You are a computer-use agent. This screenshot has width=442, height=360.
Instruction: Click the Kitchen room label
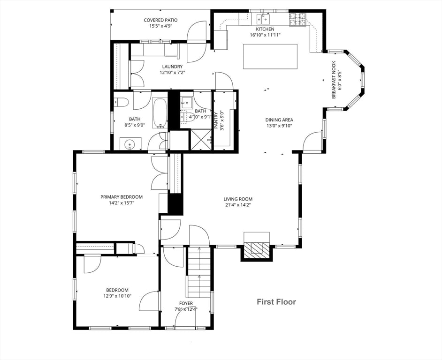265,29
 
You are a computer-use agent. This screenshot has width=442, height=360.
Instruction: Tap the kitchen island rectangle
270,56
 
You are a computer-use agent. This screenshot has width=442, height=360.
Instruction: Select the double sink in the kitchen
263,19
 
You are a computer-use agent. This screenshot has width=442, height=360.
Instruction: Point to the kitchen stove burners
297,20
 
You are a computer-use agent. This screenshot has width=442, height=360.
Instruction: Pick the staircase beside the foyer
199,272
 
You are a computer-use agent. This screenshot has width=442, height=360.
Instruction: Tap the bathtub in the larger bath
160,113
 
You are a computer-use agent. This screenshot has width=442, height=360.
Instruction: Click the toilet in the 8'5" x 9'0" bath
121,102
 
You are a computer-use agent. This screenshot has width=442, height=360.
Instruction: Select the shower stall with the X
201,139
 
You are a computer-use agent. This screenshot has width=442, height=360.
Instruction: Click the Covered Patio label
160,20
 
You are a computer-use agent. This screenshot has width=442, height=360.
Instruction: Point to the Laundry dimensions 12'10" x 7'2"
172,72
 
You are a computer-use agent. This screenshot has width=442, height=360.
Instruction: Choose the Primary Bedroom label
122,197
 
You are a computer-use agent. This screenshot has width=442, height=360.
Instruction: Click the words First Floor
276,302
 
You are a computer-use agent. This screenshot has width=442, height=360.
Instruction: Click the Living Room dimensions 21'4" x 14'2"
238,205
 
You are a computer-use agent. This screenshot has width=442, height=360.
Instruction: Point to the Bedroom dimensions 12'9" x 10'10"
117,296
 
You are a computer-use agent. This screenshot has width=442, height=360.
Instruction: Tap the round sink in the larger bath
130,144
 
